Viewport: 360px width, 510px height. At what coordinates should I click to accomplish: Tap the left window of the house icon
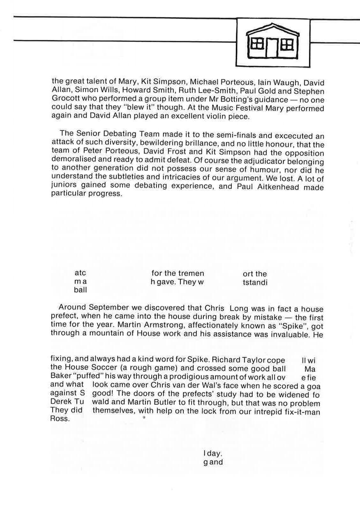[257, 44]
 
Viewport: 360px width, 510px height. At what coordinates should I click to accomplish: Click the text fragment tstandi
[255, 282]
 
